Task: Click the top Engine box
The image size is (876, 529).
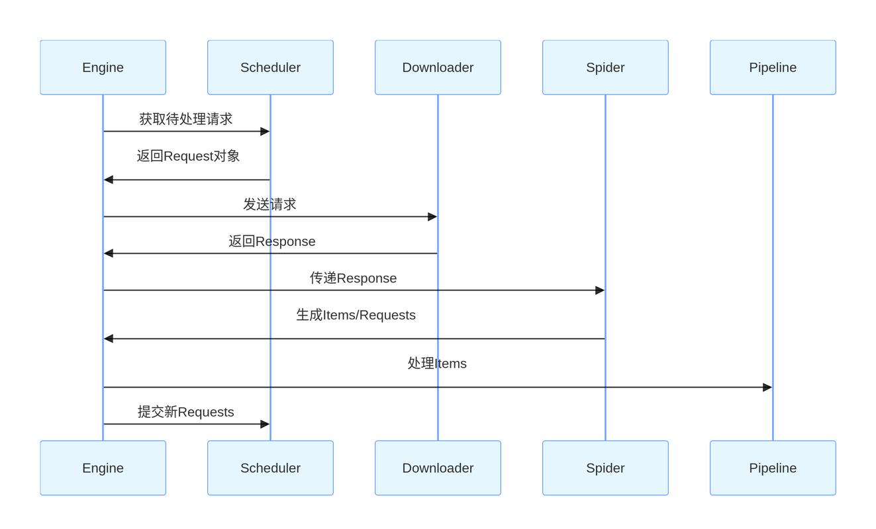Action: (x=103, y=67)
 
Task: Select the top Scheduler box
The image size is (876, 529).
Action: (x=270, y=67)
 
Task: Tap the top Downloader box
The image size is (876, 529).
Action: (x=438, y=67)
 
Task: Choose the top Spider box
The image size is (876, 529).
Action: (x=605, y=67)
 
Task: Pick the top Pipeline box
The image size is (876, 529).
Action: (x=773, y=67)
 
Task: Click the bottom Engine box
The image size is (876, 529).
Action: (x=103, y=468)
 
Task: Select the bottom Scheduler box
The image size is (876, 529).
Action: (x=270, y=468)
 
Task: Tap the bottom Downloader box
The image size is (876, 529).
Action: (x=438, y=468)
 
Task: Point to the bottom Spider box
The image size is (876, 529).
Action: (x=605, y=468)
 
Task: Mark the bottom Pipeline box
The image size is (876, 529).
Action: (x=773, y=468)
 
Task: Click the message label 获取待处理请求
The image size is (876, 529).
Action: (x=186, y=119)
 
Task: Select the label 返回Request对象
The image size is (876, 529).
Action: (x=188, y=156)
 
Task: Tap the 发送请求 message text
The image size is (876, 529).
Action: (x=269, y=204)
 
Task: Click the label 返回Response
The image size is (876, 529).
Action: (x=272, y=241)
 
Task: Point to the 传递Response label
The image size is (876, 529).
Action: (x=354, y=278)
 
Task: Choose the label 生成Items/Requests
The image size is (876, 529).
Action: (x=356, y=315)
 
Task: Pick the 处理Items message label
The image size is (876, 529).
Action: (x=437, y=364)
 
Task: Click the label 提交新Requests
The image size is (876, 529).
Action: (x=186, y=412)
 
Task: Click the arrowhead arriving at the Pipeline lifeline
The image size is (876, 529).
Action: (x=767, y=387)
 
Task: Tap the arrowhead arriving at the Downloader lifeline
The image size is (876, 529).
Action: (x=432, y=217)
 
